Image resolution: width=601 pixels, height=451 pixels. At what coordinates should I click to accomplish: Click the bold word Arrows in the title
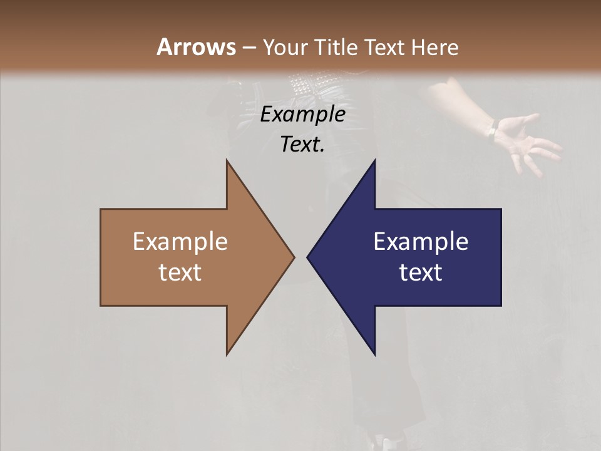(196, 47)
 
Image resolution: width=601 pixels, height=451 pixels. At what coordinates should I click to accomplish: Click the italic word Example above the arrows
(302, 115)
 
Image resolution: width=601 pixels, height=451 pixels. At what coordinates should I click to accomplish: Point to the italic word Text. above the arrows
(302, 145)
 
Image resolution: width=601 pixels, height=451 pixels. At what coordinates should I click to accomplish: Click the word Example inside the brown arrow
(180, 242)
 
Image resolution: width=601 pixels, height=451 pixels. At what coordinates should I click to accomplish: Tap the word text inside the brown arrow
(180, 272)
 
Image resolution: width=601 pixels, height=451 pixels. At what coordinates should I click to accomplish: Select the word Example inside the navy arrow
(421, 242)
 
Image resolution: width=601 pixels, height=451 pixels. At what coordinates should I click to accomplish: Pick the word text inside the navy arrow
(421, 272)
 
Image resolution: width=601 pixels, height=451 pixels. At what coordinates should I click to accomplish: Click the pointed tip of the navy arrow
(308, 257)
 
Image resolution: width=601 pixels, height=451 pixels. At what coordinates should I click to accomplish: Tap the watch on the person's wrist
(493, 131)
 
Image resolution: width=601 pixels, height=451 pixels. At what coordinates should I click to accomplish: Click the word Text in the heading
(384, 47)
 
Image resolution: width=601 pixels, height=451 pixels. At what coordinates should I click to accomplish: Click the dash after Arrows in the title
(249, 48)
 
